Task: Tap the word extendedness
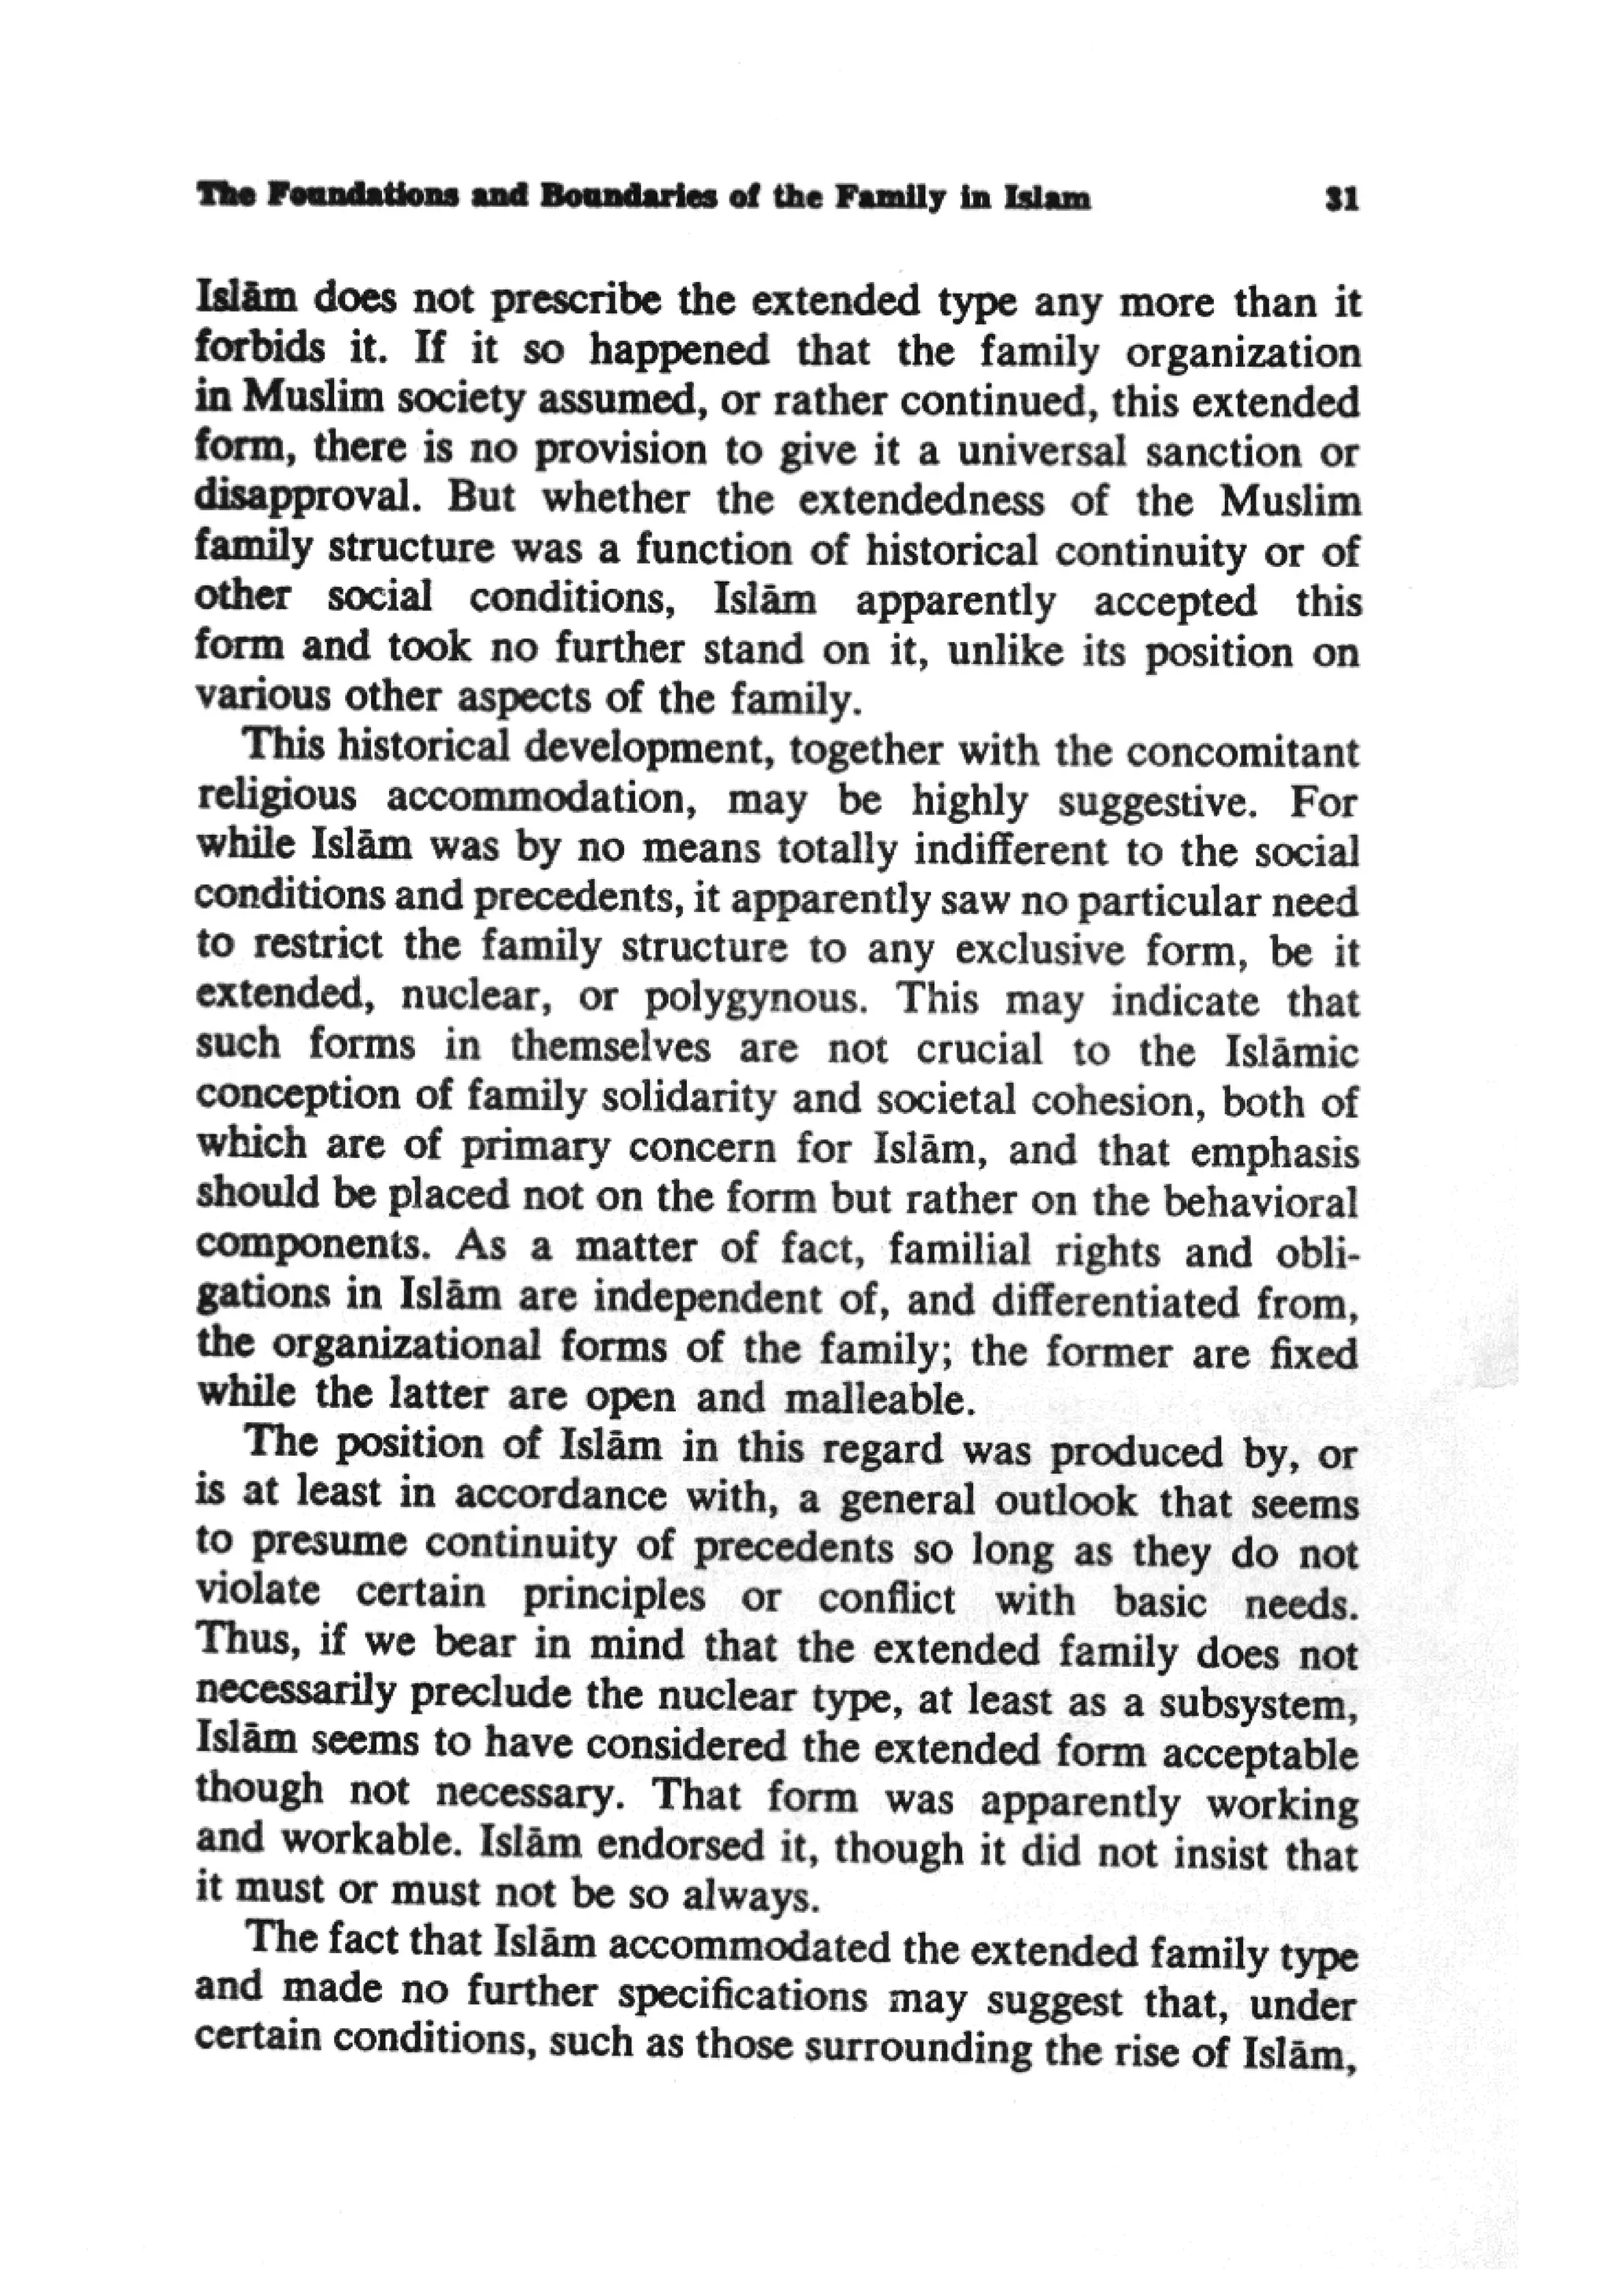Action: pyautogui.click(x=921, y=502)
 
